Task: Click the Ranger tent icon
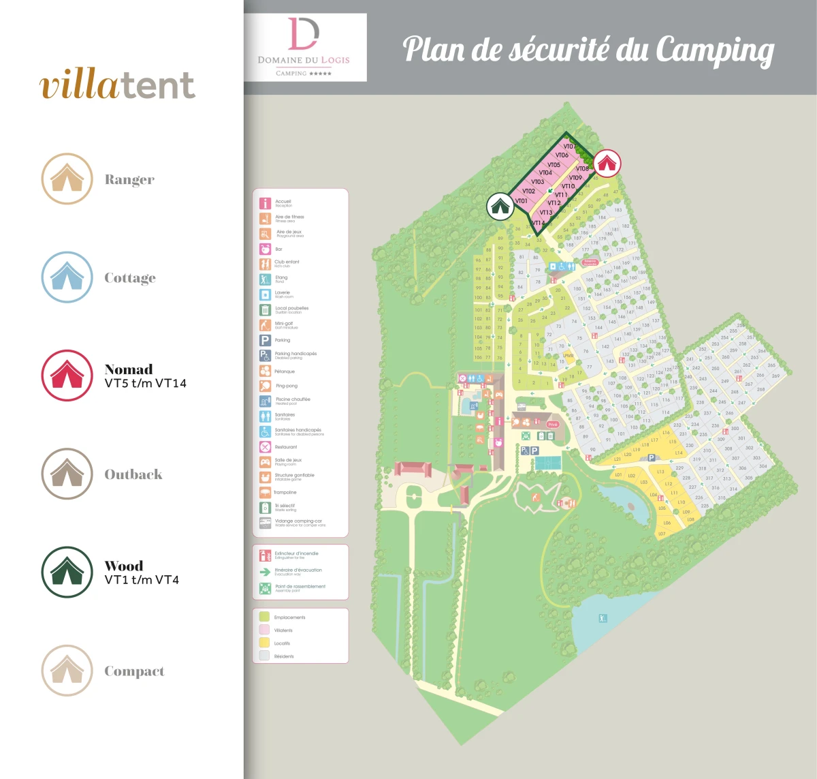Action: pos(67,179)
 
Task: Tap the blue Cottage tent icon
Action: pos(67,277)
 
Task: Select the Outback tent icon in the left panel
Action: pos(67,474)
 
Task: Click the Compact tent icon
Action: pos(67,671)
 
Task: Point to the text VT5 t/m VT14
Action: pos(146,384)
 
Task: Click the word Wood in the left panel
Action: pos(124,566)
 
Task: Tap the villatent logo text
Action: pos(118,85)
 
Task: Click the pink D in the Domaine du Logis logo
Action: pos(303,34)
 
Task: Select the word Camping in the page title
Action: pos(714,50)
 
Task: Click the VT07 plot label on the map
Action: pos(569,147)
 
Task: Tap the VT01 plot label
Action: pos(522,201)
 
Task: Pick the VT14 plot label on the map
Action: pos(539,223)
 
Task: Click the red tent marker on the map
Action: pos(607,164)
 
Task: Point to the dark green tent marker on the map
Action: pos(500,206)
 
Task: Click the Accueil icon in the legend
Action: pos(265,203)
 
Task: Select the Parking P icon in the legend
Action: pos(265,340)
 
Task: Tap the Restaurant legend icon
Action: pos(265,447)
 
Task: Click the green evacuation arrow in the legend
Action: pos(265,572)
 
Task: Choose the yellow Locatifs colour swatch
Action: pos(264,643)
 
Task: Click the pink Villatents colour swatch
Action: pos(264,630)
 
